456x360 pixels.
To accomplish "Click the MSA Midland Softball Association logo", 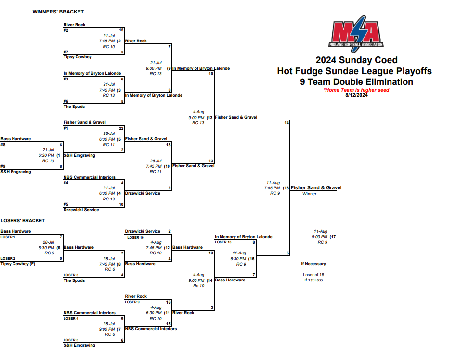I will (x=356, y=33).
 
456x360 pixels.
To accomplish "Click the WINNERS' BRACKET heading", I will (x=58, y=12).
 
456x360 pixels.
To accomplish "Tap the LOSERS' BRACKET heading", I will (x=23, y=221).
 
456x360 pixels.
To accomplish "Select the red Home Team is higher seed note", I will (x=356, y=90).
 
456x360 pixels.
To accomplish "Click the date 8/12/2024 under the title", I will (x=356, y=94).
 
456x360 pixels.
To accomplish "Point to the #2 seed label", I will (x=66, y=30).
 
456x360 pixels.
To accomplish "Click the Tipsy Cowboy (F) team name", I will (x=18, y=264).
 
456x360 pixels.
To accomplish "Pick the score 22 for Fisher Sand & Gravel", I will (x=121, y=128).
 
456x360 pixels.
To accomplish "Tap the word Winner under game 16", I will (x=310, y=194).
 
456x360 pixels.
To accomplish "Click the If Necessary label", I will (x=313, y=264).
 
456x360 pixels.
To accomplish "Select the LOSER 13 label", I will (x=223, y=242).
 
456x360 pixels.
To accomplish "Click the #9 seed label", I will (x=3, y=166).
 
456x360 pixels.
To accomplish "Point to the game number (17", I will (x=333, y=237).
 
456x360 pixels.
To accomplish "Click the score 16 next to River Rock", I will (x=169, y=302).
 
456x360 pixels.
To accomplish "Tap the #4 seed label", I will (x=66, y=183).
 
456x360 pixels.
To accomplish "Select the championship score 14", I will (x=287, y=123).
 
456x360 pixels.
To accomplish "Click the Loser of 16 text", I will (x=313, y=275).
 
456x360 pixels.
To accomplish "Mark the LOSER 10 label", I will (x=135, y=237).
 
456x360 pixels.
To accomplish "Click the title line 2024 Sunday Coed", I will (x=356, y=60).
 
